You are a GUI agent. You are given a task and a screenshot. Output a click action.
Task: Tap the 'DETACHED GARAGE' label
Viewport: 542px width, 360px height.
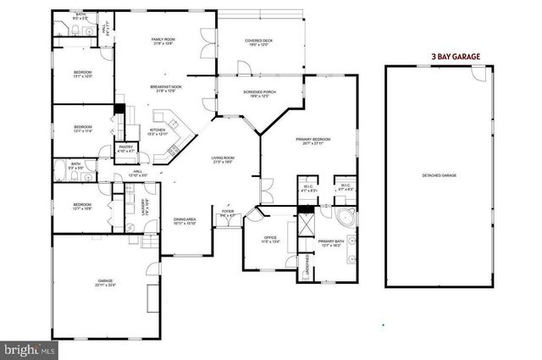[x=440, y=175]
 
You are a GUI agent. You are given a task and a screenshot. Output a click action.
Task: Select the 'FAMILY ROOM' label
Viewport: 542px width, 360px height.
[x=163, y=40]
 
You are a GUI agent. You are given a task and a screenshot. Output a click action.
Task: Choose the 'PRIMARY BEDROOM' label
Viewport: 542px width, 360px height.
[x=312, y=139]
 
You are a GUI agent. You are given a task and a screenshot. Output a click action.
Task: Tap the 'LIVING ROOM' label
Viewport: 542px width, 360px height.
[x=223, y=158]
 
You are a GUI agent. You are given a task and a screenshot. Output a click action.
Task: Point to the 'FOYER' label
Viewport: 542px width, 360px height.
[x=228, y=212]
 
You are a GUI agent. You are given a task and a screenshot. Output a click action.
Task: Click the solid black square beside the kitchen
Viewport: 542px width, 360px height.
[x=120, y=109]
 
